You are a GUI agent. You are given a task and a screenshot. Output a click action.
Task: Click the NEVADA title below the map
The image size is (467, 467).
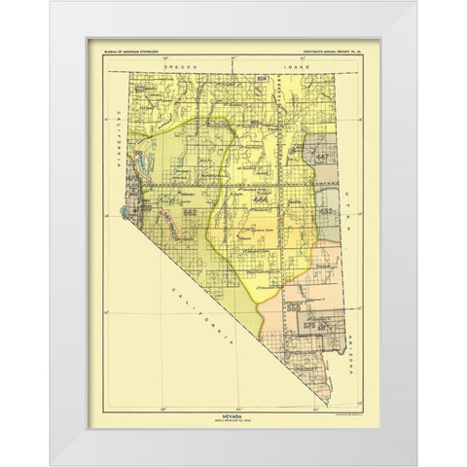coord(233,389)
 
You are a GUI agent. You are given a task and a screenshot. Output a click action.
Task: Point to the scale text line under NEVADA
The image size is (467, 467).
coord(233,395)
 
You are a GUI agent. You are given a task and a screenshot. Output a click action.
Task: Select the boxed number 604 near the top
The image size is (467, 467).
coord(262,76)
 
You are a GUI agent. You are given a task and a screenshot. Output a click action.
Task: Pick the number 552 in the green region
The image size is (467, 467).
coord(191,212)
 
